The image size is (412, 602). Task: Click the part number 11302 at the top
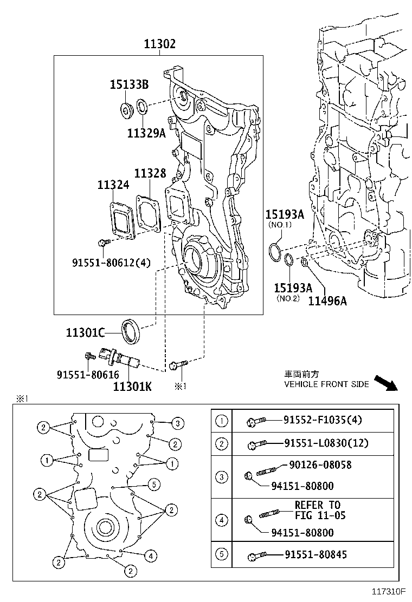(x=159, y=44)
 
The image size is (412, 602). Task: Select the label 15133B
(x=129, y=84)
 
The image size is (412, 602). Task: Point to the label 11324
(x=113, y=185)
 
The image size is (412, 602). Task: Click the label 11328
(x=150, y=173)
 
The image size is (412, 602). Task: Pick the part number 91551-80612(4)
(x=111, y=263)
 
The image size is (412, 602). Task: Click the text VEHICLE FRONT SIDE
(x=327, y=384)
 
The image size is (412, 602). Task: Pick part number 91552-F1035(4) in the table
(x=322, y=420)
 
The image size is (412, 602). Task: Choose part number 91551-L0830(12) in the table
(x=326, y=443)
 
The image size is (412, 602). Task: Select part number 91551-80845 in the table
(x=316, y=554)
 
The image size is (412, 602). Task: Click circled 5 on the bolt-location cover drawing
(x=153, y=483)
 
